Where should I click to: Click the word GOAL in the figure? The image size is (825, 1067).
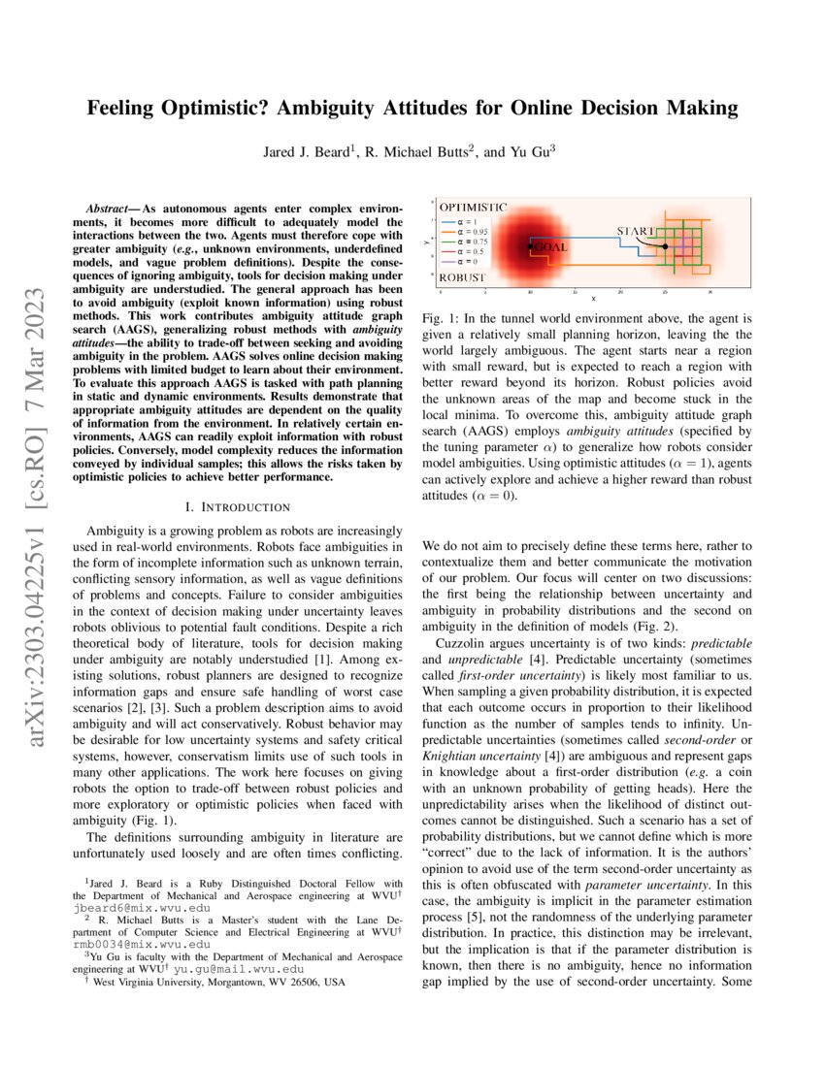pyautogui.click(x=550, y=247)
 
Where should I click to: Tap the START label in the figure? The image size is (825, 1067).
pyautogui.click(x=637, y=232)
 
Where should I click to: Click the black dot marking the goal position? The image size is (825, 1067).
pyautogui.click(x=530, y=247)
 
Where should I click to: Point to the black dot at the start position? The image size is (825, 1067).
pyautogui.click(x=665, y=246)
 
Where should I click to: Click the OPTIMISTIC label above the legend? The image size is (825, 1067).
pyautogui.click(x=473, y=208)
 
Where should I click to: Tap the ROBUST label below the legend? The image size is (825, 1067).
pyautogui.click(x=462, y=276)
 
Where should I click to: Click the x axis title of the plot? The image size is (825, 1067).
pyautogui.click(x=593, y=298)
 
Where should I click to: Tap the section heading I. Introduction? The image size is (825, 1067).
pyautogui.click(x=238, y=506)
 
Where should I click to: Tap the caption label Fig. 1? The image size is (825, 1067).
pyautogui.click(x=441, y=318)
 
